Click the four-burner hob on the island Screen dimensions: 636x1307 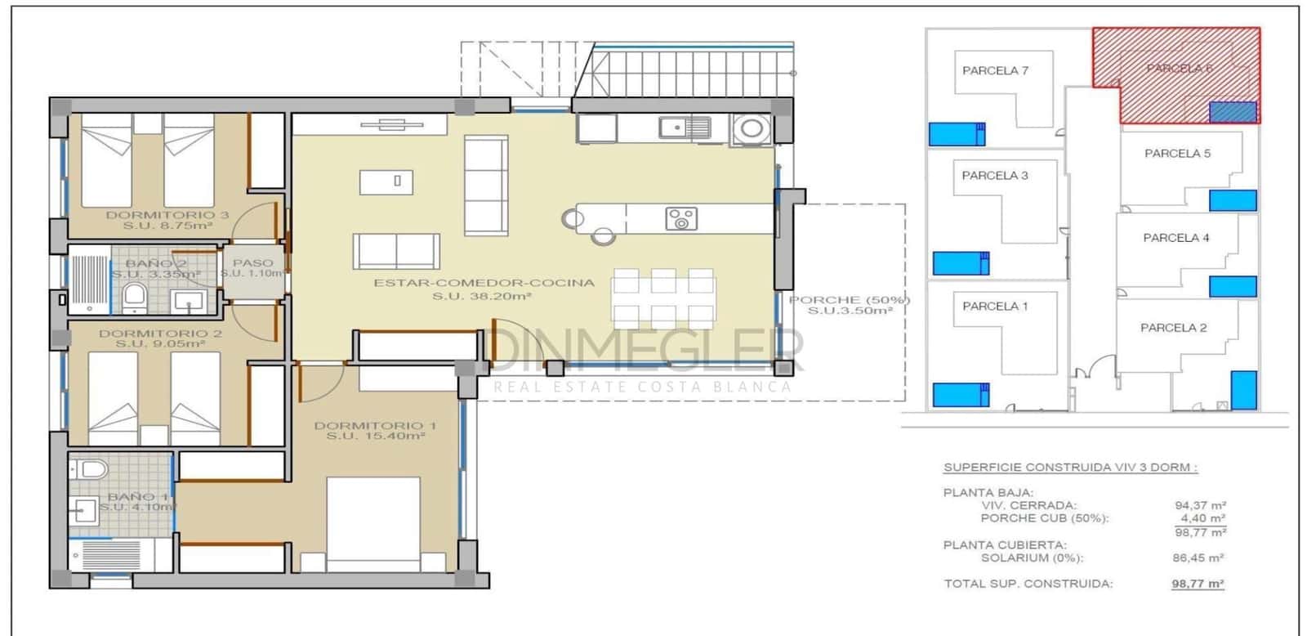click(680, 218)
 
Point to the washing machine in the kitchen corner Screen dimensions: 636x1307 click(751, 129)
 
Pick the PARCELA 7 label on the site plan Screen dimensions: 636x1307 click(995, 70)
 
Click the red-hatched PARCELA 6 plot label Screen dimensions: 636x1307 click(1179, 68)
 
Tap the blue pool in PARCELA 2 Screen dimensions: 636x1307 click(1243, 389)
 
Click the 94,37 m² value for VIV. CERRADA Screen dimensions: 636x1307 click(1200, 505)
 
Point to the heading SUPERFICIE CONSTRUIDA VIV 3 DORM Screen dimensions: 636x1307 click(1070, 468)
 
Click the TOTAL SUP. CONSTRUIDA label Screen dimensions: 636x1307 click(1028, 584)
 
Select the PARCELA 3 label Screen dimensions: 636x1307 click(994, 175)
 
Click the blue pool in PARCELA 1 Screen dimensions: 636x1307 click(961, 395)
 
